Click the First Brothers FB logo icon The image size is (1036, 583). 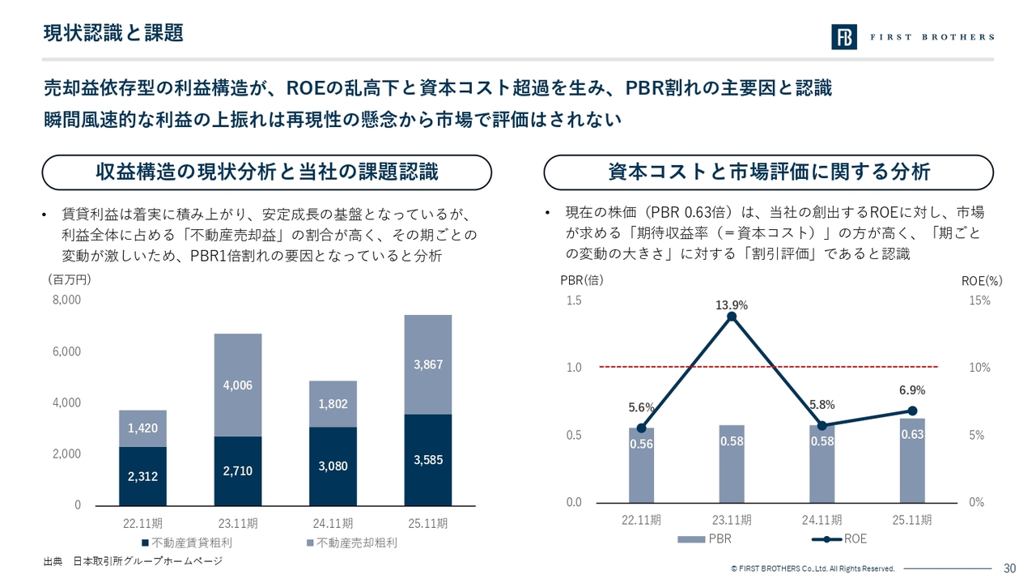pyautogui.click(x=844, y=37)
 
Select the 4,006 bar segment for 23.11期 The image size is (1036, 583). pyautogui.click(x=238, y=385)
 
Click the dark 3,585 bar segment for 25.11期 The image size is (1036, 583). pyautogui.click(x=427, y=460)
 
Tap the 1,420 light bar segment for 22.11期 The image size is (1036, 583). pyautogui.click(x=142, y=428)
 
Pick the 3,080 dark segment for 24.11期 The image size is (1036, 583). pyautogui.click(x=333, y=466)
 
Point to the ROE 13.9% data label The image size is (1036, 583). pyautogui.click(x=732, y=305)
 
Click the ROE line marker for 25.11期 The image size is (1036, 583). pyautogui.click(x=912, y=411)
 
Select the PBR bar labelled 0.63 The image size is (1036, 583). pyautogui.click(x=912, y=460)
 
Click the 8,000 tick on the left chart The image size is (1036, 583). pyautogui.click(x=66, y=300)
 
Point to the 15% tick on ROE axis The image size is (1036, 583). pyautogui.click(x=979, y=300)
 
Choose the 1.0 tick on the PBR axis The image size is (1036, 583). pyautogui.click(x=573, y=368)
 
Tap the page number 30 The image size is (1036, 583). pyautogui.click(x=1009, y=568)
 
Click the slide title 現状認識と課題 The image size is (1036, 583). pyautogui.click(x=113, y=33)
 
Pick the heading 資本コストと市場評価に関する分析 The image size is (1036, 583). pyautogui.click(x=768, y=172)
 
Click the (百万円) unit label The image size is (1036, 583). pyautogui.click(x=70, y=280)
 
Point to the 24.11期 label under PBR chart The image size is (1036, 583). pyautogui.click(x=822, y=520)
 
